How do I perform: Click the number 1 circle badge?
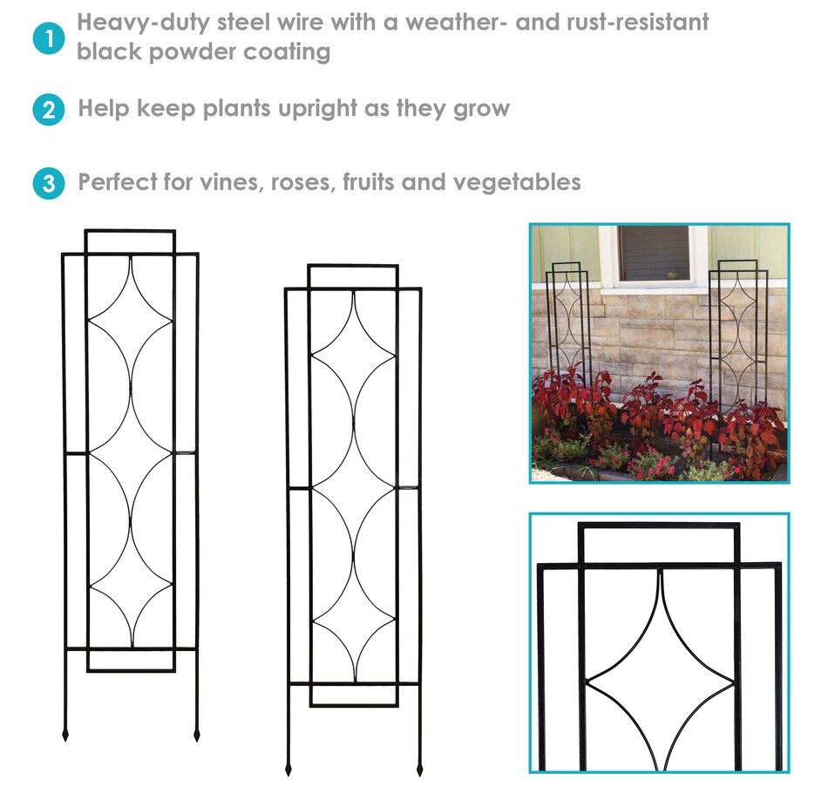coord(49,38)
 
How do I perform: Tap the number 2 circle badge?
coord(49,110)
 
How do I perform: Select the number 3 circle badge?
coord(49,183)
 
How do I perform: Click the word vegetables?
coord(517,182)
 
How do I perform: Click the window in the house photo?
coord(654,254)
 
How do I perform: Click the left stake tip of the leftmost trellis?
coord(65,739)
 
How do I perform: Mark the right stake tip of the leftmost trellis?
coord(197,739)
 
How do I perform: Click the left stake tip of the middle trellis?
coord(288,774)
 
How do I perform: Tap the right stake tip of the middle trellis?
coord(420,774)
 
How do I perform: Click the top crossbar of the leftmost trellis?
coord(130,231)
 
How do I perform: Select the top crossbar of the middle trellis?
coord(353,266)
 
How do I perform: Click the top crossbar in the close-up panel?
coord(659,526)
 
